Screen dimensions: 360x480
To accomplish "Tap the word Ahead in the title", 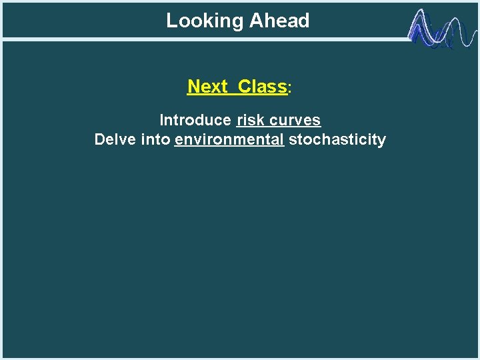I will (x=279, y=21).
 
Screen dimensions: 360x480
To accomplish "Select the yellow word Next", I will (x=208, y=87).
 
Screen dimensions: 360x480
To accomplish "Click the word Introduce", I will (x=195, y=121).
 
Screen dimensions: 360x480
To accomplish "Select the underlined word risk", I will (x=250, y=121).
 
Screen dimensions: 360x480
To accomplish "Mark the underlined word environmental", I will (x=229, y=140).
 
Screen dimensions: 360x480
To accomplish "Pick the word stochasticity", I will (x=337, y=140).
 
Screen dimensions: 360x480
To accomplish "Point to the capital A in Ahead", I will (x=255, y=21).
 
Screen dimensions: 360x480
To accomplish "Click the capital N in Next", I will (x=193, y=87).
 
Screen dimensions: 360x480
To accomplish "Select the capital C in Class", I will (x=244, y=87).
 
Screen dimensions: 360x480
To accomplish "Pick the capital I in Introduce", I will (x=161, y=121).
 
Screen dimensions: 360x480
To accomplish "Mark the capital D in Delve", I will (x=100, y=140).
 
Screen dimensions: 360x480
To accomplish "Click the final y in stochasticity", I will (x=382, y=141).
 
